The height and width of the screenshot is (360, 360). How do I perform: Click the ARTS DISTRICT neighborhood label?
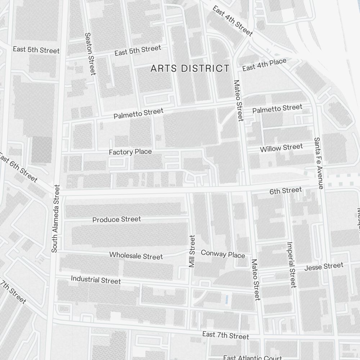[190, 68]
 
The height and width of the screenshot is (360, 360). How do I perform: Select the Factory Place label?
[130, 152]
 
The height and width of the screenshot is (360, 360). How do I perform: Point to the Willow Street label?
[281, 148]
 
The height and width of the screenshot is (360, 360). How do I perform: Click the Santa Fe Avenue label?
[319, 163]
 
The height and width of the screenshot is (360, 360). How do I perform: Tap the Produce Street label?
[117, 219]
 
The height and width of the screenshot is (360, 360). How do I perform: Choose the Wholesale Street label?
[136, 256]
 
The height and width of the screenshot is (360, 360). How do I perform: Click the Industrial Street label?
[96, 280]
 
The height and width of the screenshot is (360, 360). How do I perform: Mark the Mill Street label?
[192, 251]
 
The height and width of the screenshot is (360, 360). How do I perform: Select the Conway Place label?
[223, 254]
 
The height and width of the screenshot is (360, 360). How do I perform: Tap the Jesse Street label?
[324, 266]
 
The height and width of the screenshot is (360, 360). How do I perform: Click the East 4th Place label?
[264, 65]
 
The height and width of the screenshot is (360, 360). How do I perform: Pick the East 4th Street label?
[233, 21]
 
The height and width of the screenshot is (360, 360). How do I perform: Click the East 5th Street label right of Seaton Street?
[138, 50]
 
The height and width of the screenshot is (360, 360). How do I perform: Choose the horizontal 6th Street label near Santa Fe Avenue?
[286, 190]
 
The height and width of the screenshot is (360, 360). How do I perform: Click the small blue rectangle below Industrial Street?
[226, 298]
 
